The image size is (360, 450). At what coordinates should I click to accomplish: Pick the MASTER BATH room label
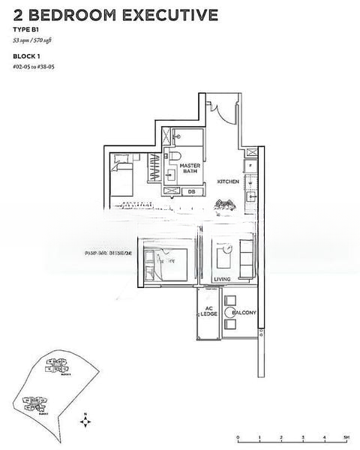coord(189,168)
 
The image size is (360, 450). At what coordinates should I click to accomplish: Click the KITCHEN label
coord(228,181)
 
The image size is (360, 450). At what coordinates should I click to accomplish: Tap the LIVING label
coord(222,279)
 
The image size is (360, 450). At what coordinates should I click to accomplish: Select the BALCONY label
coord(244,312)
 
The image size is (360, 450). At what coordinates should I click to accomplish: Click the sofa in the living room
coord(246,259)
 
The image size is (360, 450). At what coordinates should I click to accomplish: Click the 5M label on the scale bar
coord(346,436)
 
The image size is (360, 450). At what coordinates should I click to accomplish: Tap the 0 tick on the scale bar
coord(238,436)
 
